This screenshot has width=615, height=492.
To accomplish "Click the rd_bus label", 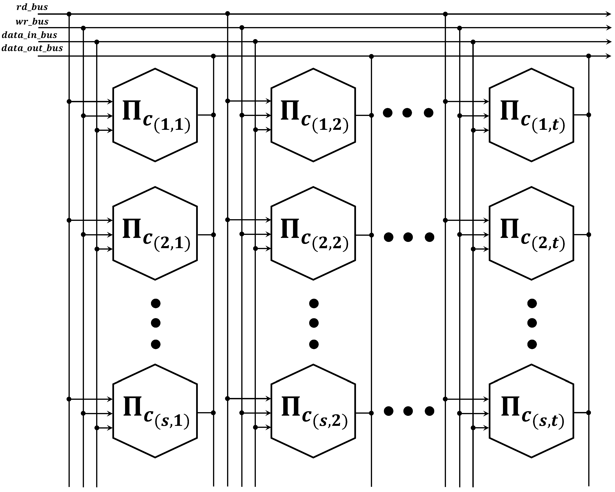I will pyautogui.click(x=32, y=7).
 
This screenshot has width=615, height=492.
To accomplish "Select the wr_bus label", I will pyautogui.click(x=32, y=21).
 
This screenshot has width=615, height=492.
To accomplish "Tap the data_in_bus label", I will pyautogui.click(x=29, y=35).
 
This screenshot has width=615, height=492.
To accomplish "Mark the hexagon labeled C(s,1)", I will pyautogui.click(x=155, y=411).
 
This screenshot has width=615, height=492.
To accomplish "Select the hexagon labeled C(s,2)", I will pyautogui.click(x=313, y=411).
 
